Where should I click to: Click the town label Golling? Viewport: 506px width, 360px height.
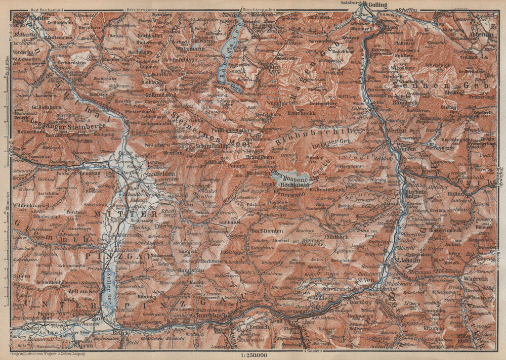tap(377, 5)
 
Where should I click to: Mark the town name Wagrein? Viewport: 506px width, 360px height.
tap(473, 277)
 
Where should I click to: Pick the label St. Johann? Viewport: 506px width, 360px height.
tap(408, 261)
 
